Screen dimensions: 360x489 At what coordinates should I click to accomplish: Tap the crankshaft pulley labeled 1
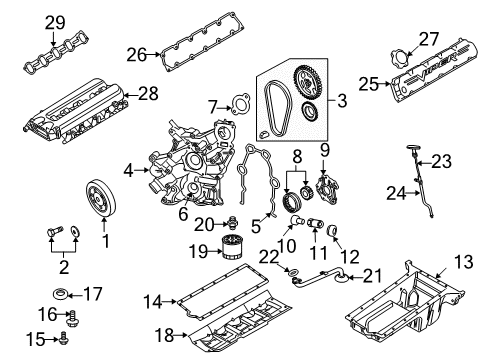(98, 192)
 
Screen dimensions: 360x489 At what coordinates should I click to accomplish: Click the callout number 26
(139, 54)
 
